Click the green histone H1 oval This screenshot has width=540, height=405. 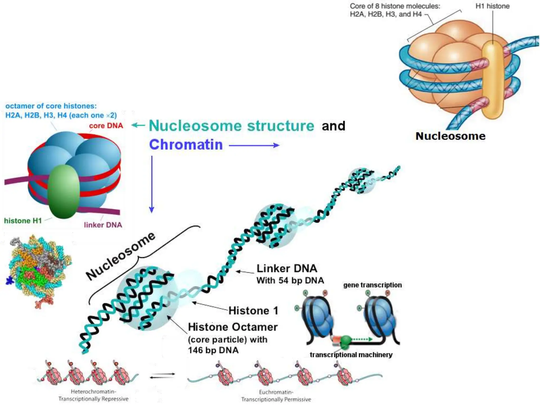(x=64, y=192)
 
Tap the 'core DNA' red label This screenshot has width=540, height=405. (x=106, y=126)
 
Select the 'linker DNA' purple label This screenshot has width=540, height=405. (x=103, y=225)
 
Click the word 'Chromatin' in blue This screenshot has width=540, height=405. (x=186, y=145)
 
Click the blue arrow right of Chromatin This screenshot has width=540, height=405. (x=254, y=145)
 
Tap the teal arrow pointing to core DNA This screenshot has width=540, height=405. (x=138, y=125)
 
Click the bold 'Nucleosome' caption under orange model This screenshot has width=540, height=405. (x=450, y=136)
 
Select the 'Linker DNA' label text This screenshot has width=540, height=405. (x=287, y=268)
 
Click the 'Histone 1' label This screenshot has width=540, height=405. (x=253, y=311)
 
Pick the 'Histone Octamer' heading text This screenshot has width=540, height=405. (x=233, y=327)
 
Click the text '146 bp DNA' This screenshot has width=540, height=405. (x=213, y=350)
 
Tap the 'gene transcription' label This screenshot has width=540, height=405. (x=372, y=285)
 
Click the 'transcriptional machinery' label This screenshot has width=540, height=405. (x=351, y=355)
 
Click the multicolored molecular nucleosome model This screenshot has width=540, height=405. (x=40, y=270)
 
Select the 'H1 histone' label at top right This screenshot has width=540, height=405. (x=492, y=6)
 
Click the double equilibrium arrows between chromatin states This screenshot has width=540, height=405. (x=162, y=376)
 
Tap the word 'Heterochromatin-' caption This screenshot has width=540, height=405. (x=93, y=392)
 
